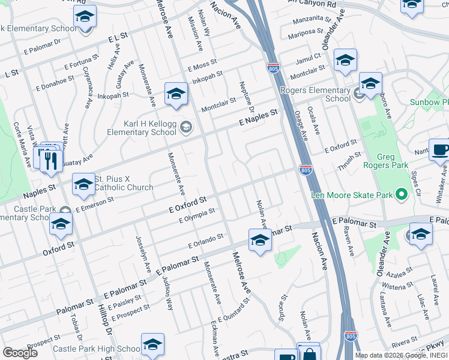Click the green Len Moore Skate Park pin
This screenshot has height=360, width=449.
pos(401,194)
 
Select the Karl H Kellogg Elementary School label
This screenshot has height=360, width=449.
pos(142,127)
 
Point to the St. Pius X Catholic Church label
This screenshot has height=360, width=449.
pos(124,183)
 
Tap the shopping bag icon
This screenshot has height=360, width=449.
pos(309,355)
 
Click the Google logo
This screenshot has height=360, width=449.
pos(20,353)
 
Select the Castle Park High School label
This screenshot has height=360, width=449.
pos(96,349)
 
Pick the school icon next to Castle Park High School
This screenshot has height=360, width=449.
pos(152,345)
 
